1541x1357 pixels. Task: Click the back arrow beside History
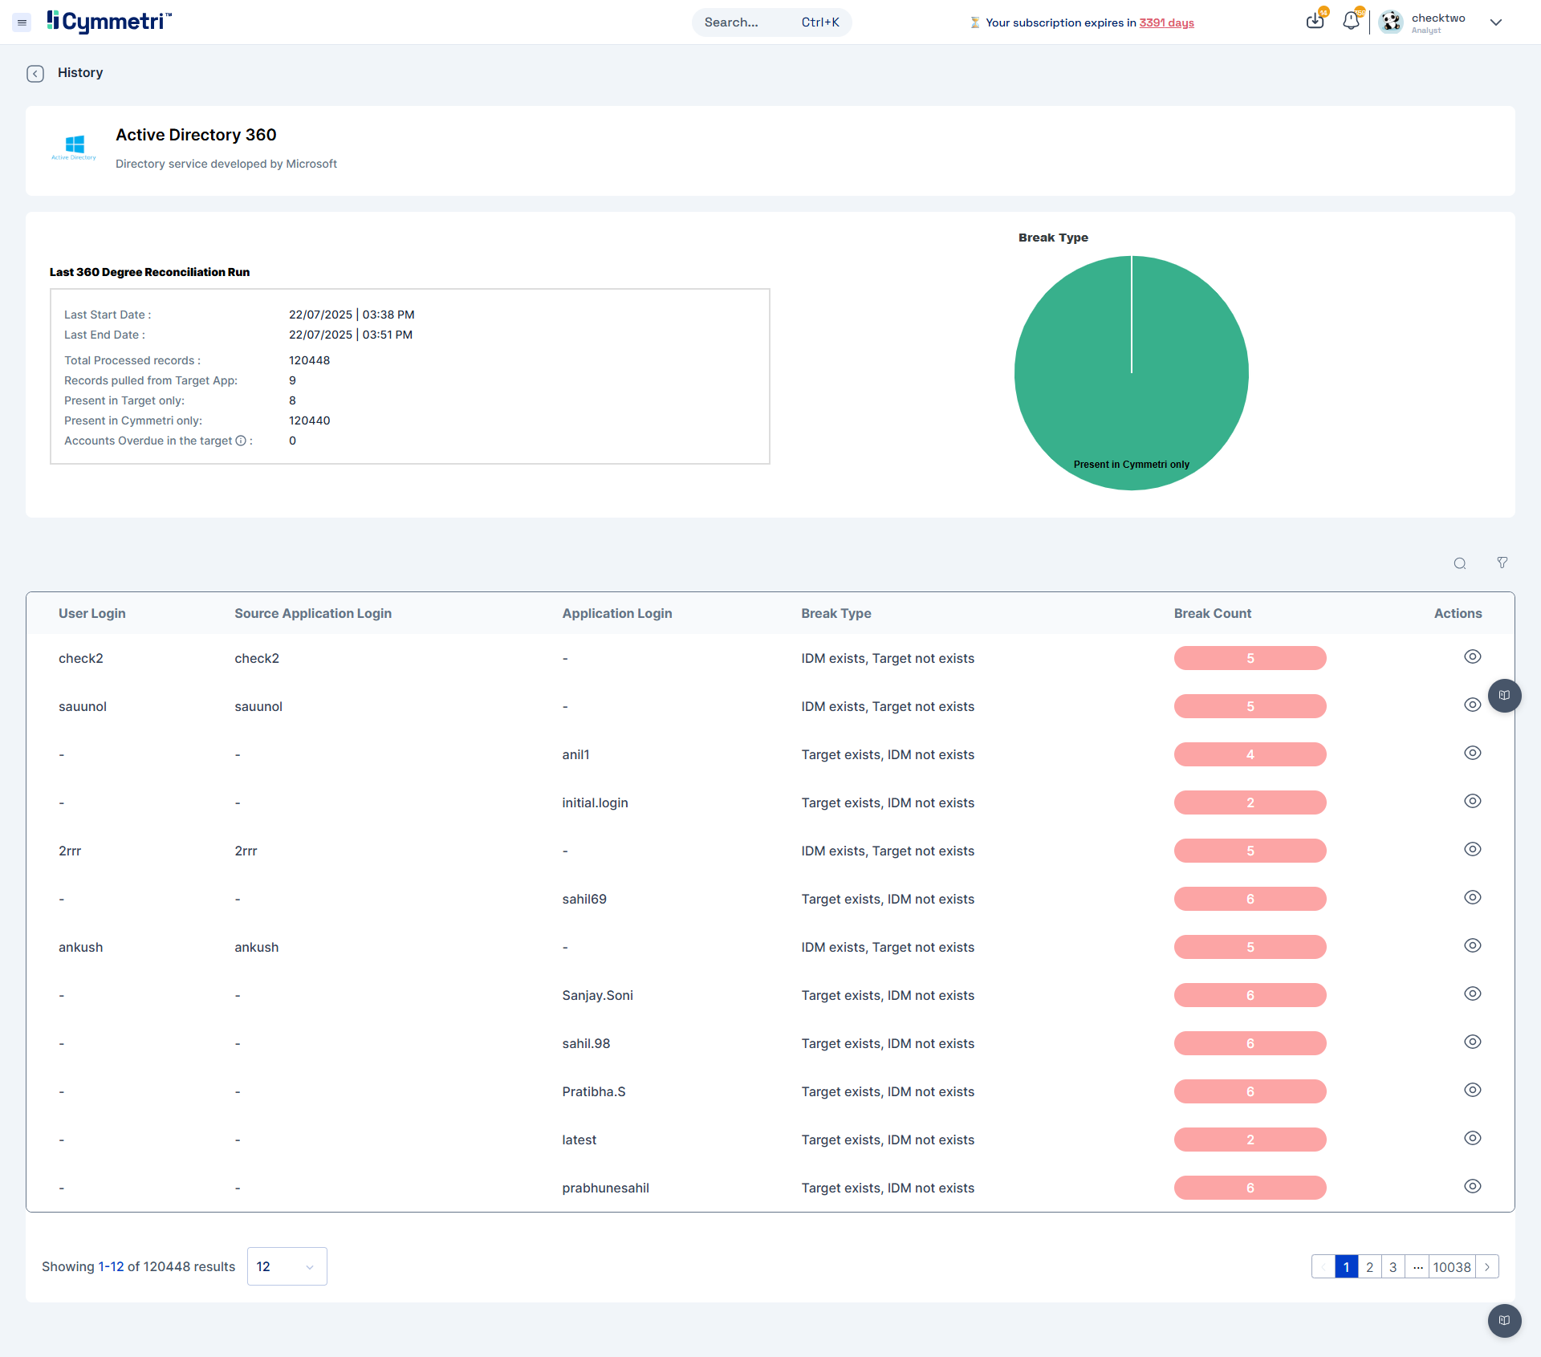coord(35,74)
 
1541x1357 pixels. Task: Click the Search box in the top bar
coord(771,22)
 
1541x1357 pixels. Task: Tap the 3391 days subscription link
coord(1166,22)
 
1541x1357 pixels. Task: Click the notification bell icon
coord(1352,21)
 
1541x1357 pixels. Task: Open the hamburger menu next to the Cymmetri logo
coord(22,22)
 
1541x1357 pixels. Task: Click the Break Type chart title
coord(1053,238)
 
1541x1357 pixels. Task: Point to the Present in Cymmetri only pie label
coord(1132,465)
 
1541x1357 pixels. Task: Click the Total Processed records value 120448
coord(309,360)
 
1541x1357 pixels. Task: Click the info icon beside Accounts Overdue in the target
coord(241,441)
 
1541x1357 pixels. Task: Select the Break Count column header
coord(1212,613)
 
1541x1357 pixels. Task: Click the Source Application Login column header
coord(313,613)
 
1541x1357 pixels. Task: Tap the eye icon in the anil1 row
coord(1472,753)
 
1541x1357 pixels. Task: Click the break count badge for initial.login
coord(1250,802)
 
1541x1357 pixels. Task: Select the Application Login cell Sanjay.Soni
coord(597,995)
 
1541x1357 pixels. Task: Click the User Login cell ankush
coord(80,947)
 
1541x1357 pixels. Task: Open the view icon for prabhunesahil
coord(1472,1186)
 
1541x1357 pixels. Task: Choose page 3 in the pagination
coord(1393,1267)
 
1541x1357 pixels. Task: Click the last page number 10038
coord(1452,1267)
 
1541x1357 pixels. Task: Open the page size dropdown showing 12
coord(287,1266)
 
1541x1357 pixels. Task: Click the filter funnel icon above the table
coord(1502,563)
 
